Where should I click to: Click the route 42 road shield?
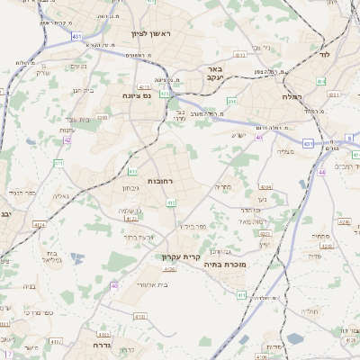(67, 140)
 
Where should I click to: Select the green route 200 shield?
(231, 102)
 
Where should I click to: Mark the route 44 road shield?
(321, 171)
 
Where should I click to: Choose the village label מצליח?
(283, 152)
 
